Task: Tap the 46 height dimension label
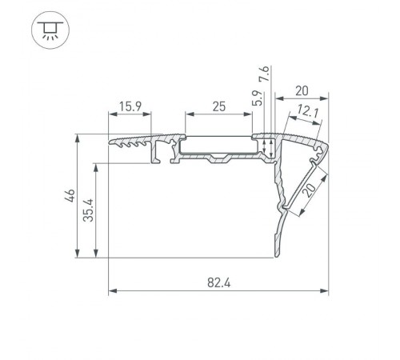(x=70, y=195)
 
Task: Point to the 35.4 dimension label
(x=90, y=210)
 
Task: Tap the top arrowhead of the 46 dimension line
(x=78, y=137)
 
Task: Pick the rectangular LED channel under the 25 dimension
(x=218, y=145)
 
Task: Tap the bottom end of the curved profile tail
(x=277, y=255)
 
